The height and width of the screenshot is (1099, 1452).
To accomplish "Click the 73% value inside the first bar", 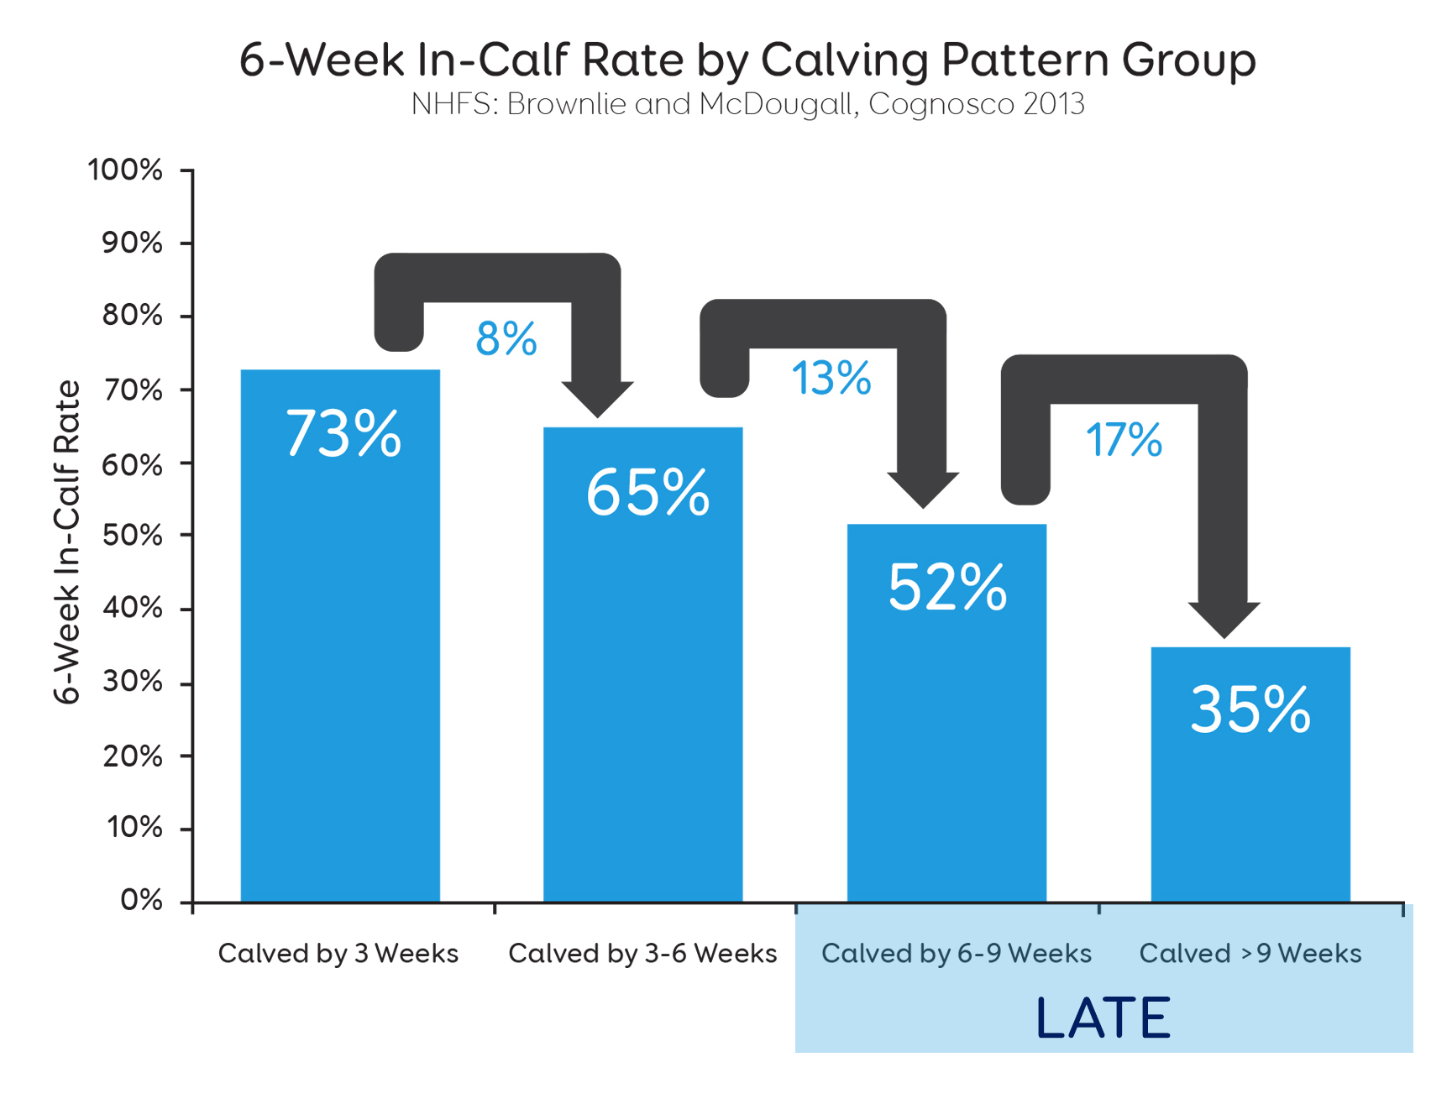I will [343, 433].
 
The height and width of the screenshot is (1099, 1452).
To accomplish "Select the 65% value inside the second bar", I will [647, 492].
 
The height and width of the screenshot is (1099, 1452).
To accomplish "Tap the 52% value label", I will [947, 588].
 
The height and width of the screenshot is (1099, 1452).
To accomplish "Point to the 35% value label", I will [1250, 710].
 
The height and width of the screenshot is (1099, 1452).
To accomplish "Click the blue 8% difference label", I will [506, 339].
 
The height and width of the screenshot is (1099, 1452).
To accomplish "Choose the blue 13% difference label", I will [831, 378].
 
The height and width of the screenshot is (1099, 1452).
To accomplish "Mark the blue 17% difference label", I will [1124, 440].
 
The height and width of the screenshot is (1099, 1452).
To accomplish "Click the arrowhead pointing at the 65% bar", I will [597, 398].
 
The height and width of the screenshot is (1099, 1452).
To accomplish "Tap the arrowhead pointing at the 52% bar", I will [923, 489].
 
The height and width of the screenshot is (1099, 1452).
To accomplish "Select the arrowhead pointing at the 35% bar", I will [1224, 619].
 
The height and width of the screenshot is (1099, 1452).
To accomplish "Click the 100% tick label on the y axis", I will [125, 170].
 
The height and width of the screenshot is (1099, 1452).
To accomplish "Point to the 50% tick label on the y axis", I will [133, 536].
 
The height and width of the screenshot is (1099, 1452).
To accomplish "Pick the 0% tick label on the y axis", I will [141, 900].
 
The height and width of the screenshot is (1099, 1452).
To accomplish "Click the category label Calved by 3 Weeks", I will [338, 954].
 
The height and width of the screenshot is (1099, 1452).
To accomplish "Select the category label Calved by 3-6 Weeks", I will [642, 954].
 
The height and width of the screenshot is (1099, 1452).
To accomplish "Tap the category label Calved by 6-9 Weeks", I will [957, 954].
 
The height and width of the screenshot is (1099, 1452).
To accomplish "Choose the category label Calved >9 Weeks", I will [1250, 954].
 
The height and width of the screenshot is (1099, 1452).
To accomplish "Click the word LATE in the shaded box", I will [1103, 1018].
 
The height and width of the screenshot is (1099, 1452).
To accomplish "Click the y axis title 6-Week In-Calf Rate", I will [67, 542].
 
